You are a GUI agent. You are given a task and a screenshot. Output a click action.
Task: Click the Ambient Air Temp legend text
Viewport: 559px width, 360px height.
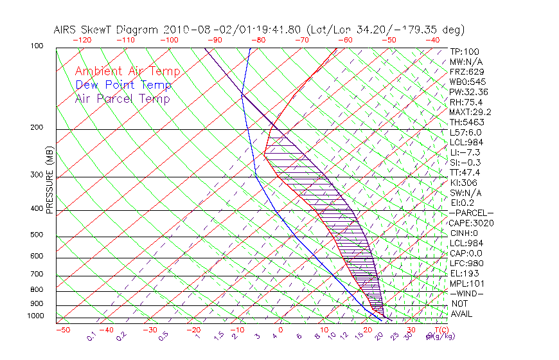(127, 72)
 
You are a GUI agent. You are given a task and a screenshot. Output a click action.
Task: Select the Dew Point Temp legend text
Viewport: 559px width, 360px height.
(123, 85)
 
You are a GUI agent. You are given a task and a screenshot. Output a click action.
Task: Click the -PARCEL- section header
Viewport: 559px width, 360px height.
(471, 213)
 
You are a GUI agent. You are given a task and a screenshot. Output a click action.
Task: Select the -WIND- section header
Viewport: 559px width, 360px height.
(466, 293)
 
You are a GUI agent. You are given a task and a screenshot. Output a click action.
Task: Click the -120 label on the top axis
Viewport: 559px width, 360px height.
(82, 40)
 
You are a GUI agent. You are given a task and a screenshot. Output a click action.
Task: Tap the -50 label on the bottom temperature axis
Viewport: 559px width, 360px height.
(62, 330)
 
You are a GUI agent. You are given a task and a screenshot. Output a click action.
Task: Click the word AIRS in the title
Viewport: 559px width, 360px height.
(66, 30)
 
